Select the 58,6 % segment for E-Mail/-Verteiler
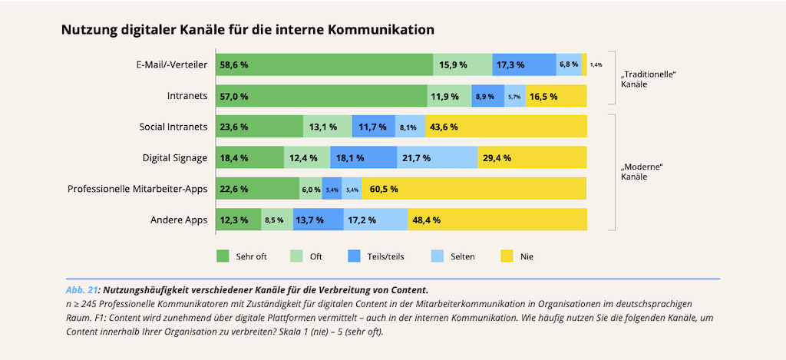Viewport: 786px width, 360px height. [324, 65]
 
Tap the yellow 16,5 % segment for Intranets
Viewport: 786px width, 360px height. [556, 96]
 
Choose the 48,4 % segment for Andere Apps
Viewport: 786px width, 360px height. [497, 220]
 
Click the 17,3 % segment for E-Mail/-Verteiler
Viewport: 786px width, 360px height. [523, 65]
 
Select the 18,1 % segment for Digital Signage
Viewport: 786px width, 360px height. [363, 157]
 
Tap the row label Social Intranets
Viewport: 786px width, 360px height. [173, 127]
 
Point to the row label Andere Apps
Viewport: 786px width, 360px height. [181, 220]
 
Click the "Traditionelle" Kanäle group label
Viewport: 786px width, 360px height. [647, 79]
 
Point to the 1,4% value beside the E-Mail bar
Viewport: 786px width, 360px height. [596, 65]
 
